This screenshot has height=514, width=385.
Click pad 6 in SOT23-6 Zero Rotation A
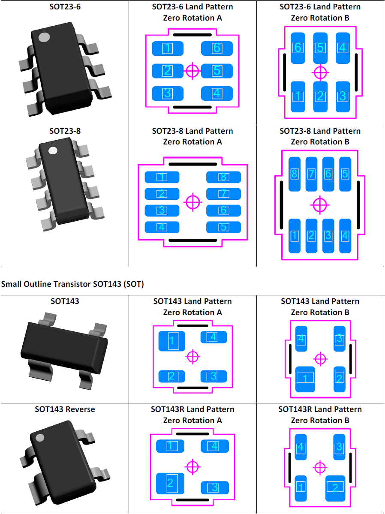(x=217, y=48)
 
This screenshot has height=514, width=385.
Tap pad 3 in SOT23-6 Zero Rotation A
(x=168, y=93)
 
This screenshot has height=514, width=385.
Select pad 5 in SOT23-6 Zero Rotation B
(x=320, y=48)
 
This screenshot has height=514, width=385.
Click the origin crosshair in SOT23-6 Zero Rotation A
(x=192, y=71)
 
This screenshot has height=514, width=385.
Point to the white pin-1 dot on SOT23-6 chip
(x=44, y=37)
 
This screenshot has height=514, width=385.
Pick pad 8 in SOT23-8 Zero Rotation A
(x=223, y=177)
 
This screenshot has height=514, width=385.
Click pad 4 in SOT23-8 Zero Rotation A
(x=162, y=227)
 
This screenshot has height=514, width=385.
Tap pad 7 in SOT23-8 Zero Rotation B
(x=311, y=174)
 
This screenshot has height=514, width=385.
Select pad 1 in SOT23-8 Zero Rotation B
(x=295, y=235)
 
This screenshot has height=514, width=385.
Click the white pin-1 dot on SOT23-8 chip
(x=53, y=151)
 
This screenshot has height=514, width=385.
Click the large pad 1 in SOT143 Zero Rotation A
(x=171, y=341)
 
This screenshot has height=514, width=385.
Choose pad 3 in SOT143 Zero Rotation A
(x=214, y=376)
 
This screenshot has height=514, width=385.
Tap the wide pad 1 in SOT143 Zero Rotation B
(x=305, y=379)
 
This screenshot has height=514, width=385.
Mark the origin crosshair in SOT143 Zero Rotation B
(x=320, y=358)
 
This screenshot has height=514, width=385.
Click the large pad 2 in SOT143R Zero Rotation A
(x=170, y=483)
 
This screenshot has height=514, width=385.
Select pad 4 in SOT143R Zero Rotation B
(x=301, y=447)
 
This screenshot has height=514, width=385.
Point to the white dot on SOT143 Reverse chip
(x=40, y=438)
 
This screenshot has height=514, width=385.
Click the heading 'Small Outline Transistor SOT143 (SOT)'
(x=72, y=284)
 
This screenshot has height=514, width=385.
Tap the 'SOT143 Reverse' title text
(x=65, y=409)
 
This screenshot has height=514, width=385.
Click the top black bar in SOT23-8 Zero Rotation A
(x=192, y=164)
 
